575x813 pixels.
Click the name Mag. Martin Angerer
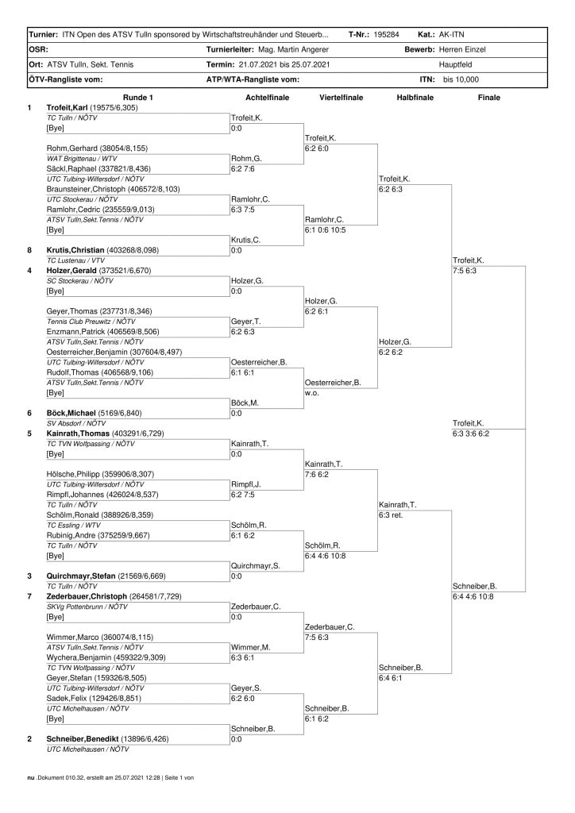pyautogui.click(x=294, y=49)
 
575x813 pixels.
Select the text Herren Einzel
pyautogui.click(x=465, y=49)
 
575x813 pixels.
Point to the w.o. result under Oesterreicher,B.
pyautogui.click(x=311, y=392)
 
